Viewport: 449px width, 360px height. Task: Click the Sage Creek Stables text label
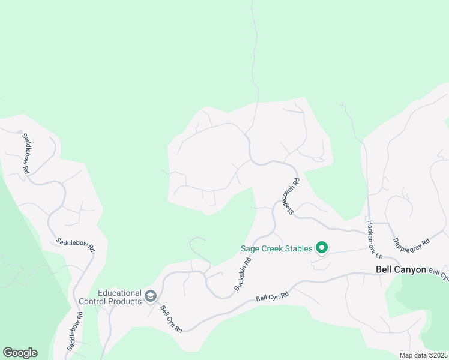pyautogui.click(x=276, y=248)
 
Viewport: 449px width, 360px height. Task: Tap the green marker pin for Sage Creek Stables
pyautogui.click(x=322, y=247)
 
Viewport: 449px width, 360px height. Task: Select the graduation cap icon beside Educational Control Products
pyautogui.click(x=151, y=296)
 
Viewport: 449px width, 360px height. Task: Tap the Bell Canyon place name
pyautogui.click(x=400, y=270)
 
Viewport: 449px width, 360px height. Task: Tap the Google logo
pyautogui.click(x=20, y=353)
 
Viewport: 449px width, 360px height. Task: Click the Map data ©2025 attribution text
pyautogui.click(x=424, y=355)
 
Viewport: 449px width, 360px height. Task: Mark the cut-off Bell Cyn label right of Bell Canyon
pyautogui.click(x=439, y=274)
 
